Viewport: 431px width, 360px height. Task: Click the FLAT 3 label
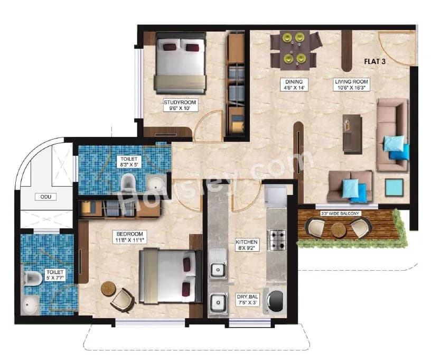(376, 61)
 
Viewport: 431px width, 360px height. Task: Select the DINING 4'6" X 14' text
(294, 85)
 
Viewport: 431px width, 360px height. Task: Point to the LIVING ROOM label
(351, 85)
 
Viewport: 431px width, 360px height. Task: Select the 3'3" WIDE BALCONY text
(340, 214)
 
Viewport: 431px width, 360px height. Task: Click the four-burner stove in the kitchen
(277, 240)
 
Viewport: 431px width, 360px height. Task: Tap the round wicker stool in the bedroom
(108, 289)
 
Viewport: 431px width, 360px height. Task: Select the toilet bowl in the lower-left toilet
(32, 277)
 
